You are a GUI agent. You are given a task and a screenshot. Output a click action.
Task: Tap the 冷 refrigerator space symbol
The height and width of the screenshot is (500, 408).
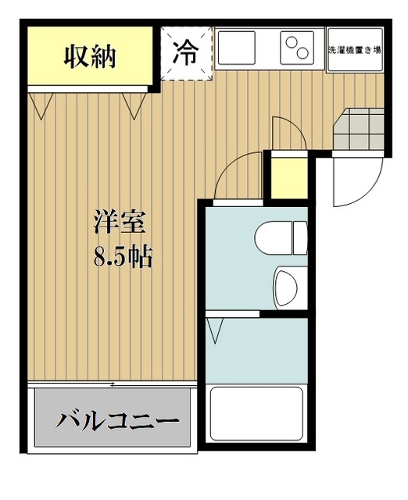(186, 53)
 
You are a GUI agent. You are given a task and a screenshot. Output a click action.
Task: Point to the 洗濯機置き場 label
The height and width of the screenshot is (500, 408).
(353, 49)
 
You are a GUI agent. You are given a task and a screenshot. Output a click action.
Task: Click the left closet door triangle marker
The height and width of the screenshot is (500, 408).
(41, 102)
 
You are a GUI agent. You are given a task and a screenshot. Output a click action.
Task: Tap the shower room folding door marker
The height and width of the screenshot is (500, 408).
(216, 327)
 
